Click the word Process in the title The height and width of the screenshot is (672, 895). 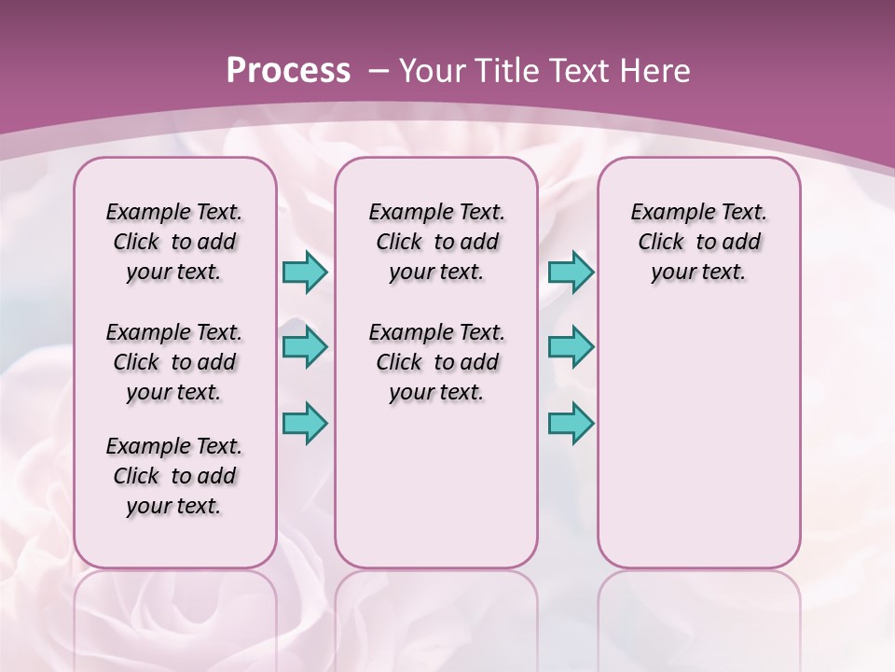(288, 71)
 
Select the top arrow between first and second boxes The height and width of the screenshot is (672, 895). (305, 272)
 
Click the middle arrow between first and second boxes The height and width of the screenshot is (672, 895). (305, 347)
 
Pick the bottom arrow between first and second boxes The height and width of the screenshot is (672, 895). (305, 423)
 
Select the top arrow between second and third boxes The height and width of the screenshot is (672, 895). (571, 272)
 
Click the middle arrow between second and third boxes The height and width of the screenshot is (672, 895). (571, 347)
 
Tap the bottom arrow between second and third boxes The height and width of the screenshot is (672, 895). (571, 423)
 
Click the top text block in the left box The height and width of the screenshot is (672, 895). (174, 242)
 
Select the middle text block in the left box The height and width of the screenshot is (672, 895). (174, 362)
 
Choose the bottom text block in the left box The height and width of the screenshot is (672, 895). (174, 476)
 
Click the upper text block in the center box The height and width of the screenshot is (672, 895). (436, 242)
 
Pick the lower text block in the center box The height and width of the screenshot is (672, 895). (436, 362)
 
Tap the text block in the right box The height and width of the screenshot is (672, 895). (699, 242)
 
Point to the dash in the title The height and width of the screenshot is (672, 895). (379, 71)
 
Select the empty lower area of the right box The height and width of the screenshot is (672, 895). (699, 439)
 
